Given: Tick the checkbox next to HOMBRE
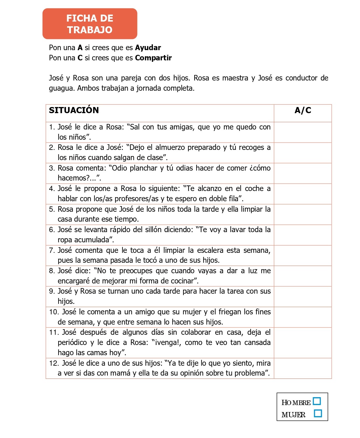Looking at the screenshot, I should [x=317, y=401].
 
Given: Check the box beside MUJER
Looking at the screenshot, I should [x=318, y=414].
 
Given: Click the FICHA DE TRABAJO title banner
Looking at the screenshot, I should [x=90, y=24].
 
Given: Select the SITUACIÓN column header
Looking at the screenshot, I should [x=74, y=110].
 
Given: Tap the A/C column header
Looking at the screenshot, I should [x=303, y=110].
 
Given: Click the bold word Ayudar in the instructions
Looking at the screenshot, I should [x=148, y=48].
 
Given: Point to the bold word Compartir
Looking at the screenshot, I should [x=153, y=58].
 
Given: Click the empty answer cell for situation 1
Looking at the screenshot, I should [x=303, y=132].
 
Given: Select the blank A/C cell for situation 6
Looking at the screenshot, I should [x=303, y=235].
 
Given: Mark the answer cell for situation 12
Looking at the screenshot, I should [x=303, y=368].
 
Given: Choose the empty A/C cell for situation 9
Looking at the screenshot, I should [x=303, y=296].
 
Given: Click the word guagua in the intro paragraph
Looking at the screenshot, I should [x=61, y=88].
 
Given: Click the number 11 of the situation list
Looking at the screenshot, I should [x=54, y=332].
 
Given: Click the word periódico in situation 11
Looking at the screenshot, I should [x=72, y=342].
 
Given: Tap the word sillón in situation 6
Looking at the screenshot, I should [x=153, y=229].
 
